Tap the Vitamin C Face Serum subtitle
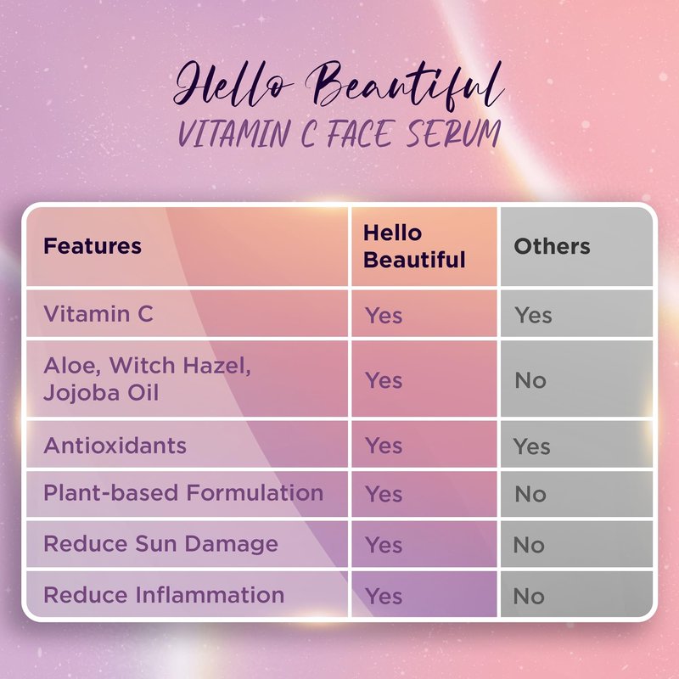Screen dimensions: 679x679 (339, 133)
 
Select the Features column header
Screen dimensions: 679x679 (93, 246)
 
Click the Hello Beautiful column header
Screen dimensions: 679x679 (414, 246)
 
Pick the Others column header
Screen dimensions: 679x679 (552, 246)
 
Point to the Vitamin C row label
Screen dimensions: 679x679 (98, 313)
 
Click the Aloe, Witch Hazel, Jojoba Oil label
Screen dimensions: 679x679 (147, 379)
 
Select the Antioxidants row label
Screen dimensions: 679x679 (115, 446)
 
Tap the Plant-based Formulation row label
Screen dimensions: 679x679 (183, 493)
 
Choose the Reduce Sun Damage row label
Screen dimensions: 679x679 (160, 544)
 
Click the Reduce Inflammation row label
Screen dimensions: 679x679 (164, 595)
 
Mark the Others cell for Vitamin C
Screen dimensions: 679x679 (533, 315)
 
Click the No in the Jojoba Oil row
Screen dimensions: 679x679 (530, 380)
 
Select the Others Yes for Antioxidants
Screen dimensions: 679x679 (532, 446)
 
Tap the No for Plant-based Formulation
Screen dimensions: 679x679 (530, 494)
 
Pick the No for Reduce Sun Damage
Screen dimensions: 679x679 (529, 545)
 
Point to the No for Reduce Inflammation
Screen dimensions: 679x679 (529, 596)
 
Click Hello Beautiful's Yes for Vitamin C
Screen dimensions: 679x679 (384, 315)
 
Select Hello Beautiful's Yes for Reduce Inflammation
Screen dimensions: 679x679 (384, 596)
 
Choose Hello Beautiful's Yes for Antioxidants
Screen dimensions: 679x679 (384, 446)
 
